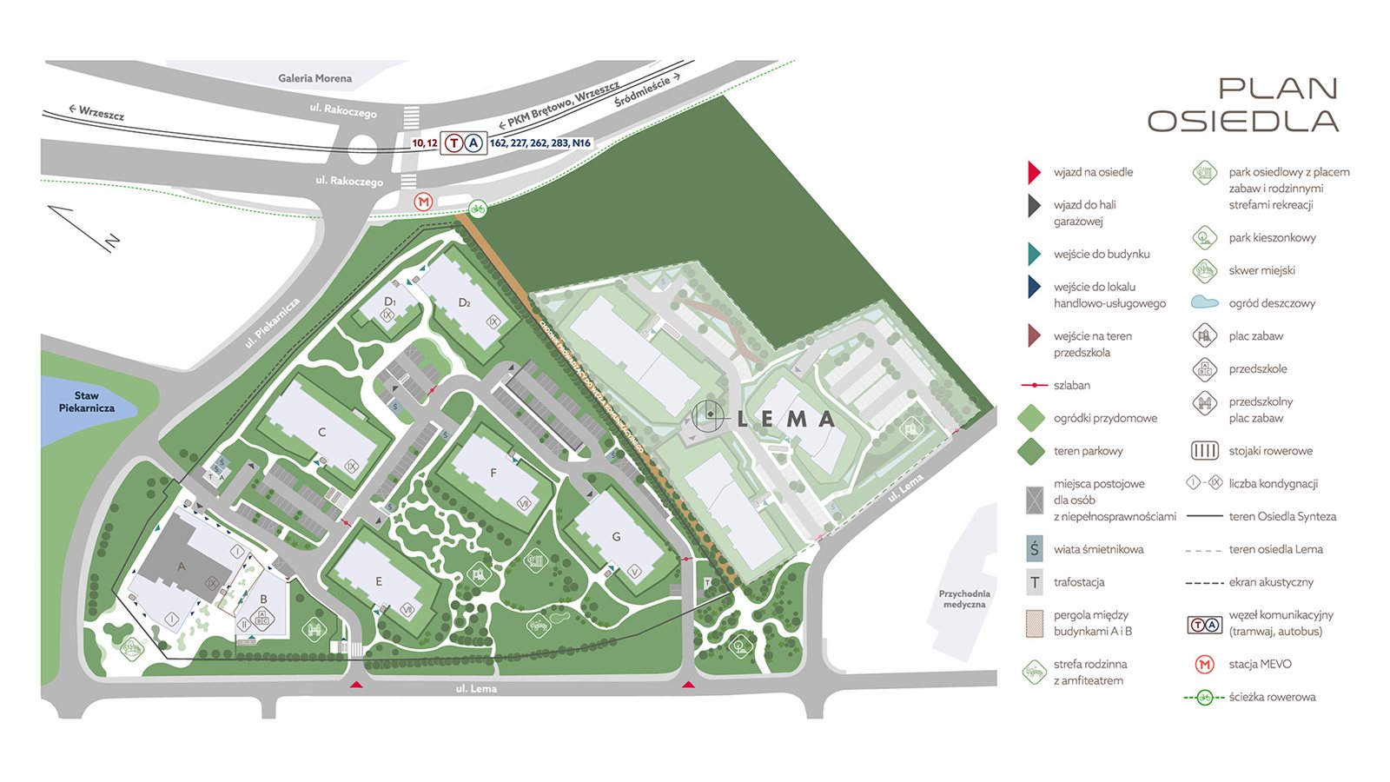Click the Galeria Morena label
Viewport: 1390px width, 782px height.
314,78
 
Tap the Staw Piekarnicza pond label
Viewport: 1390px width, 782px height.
87,401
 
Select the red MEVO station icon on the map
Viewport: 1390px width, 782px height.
423,202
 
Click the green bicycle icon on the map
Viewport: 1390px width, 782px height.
477,209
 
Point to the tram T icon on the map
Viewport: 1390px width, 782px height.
453,142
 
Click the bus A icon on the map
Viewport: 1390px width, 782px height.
473,142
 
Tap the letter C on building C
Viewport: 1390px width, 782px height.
321,432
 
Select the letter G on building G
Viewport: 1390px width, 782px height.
616,537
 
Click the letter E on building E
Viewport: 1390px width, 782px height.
379,581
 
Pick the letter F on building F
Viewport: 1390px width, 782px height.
493,474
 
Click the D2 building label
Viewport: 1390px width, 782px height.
465,303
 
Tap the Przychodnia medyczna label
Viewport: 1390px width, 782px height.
964,599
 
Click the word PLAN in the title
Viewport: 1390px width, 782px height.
1277,89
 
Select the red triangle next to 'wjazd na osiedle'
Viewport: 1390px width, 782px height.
1034,172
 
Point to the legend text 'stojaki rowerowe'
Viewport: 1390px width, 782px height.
1270,451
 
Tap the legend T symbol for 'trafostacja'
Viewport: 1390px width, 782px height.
1034,582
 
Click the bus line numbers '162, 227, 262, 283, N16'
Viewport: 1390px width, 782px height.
539,143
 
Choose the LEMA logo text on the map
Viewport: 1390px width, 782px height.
785,419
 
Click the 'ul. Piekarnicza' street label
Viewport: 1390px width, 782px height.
272,322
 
